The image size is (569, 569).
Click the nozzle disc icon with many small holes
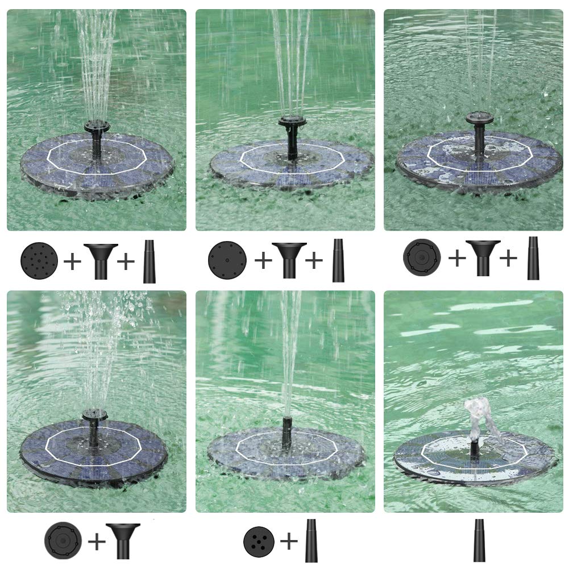(x=39, y=260)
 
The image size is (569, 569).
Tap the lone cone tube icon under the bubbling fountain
(x=479, y=540)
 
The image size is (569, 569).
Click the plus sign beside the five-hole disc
(x=289, y=541)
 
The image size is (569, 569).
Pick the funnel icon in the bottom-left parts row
(x=123, y=541)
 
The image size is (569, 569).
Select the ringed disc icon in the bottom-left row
(x=63, y=541)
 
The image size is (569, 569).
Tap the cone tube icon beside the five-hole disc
(x=311, y=540)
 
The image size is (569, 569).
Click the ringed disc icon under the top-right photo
(x=422, y=257)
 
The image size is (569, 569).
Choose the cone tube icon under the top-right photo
(x=533, y=259)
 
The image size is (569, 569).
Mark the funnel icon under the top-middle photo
(x=289, y=259)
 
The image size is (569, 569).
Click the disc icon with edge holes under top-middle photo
(x=227, y=260)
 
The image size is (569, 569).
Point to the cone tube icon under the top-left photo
(x=149, y=261)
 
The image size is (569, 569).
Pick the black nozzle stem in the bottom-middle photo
(x=287, y=432)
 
